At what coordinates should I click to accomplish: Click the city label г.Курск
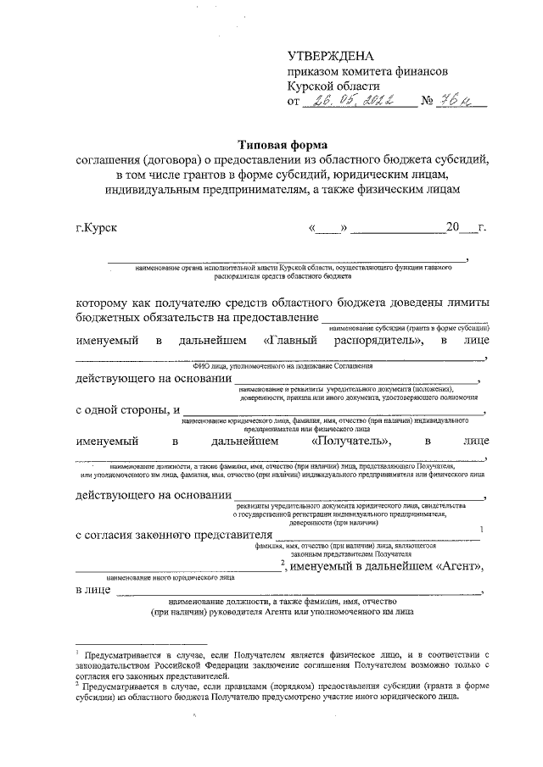(96, 228)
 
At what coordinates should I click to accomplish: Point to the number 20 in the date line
(455, 228)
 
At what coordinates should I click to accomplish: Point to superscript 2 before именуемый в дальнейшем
(283, 563)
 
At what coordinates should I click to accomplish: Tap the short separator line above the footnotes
(141, 645)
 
